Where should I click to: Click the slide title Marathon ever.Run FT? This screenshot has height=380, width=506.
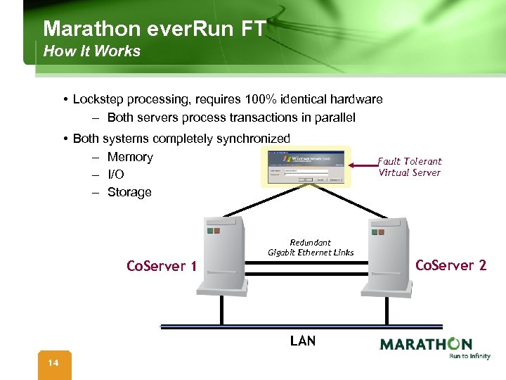click(154, 29)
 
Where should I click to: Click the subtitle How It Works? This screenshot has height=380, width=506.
click(91, 51)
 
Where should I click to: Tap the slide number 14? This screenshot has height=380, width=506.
click(53, 363)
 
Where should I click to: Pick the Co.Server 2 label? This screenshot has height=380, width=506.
click(450, 265)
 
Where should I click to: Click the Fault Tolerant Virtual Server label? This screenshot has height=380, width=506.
click(409, 167)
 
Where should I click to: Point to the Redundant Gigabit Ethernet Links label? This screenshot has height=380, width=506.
click(311, 248)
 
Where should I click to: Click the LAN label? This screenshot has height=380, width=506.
click(303, 341)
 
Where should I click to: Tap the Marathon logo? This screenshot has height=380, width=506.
click(426, 344)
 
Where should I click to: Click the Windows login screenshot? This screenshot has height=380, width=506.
click(305, 167)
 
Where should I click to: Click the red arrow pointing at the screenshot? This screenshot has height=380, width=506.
click(363, 166)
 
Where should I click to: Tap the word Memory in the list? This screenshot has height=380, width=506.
click(130, 157)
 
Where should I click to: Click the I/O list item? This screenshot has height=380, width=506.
click(115, 175)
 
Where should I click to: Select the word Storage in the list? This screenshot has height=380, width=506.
click(129, 192)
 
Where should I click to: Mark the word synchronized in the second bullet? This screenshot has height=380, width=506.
click(254, 139)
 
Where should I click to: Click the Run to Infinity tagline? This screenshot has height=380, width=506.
click(469, 356)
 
